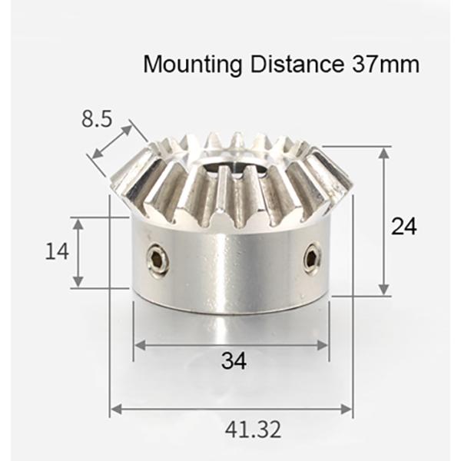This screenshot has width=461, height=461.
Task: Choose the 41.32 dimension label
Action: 232,428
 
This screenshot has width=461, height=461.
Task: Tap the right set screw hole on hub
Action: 311,257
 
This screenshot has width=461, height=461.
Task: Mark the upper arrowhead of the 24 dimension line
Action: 383,151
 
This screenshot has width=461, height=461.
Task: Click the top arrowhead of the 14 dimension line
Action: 79,221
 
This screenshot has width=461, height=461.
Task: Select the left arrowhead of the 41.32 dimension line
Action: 114,409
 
